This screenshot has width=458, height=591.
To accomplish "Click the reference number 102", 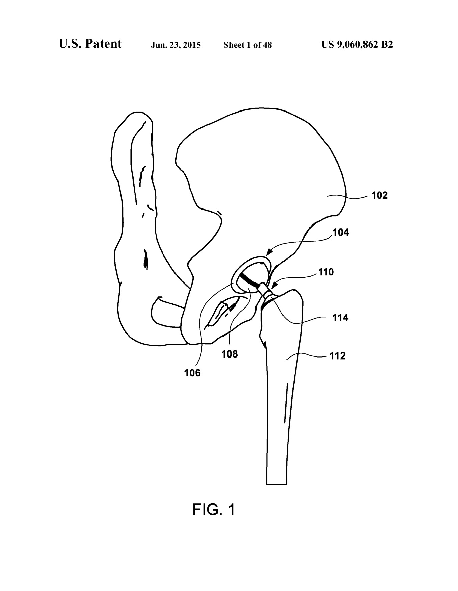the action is click(379, 196).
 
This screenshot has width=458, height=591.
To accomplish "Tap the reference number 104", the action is click(341, 232).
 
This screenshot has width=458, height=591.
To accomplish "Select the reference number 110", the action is click(326, 272).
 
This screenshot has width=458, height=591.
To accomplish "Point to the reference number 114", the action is click(340, 318).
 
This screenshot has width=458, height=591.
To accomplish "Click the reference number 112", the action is click(338, 356).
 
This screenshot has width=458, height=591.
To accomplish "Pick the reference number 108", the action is click(230, 354).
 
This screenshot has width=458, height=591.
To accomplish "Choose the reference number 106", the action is click(192, 373).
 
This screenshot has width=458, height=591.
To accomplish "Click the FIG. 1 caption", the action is click(213, 509).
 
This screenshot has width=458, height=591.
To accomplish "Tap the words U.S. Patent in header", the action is click(90, 44).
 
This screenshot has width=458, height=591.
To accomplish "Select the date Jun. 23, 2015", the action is click(176, 45).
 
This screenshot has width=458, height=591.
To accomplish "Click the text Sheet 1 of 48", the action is click(247, 45).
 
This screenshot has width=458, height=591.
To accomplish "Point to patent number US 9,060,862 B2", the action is click(357, 45).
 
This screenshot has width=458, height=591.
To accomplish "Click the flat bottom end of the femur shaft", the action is click(276, 484).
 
